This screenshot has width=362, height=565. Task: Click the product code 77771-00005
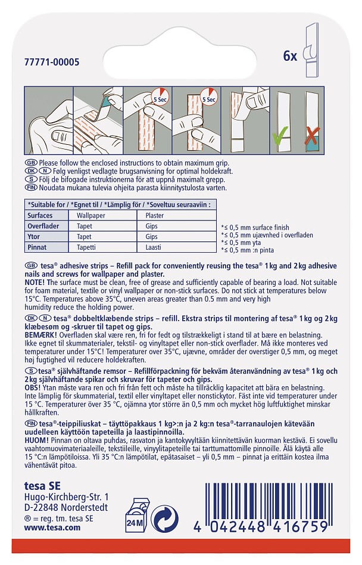52,62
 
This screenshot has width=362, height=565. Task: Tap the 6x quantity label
290,56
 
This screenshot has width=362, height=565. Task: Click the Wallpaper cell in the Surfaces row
90,216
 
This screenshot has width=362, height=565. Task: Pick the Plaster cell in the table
155,216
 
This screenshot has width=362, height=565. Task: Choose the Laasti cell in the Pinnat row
153,247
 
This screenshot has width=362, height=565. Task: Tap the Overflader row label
43,226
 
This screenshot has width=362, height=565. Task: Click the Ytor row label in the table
33,237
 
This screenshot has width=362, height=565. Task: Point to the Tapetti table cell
86,247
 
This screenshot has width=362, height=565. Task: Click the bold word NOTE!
35,282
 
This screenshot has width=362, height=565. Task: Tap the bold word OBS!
32,388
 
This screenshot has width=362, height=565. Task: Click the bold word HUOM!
36,440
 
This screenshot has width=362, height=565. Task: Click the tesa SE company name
42,486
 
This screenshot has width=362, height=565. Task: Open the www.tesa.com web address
52,527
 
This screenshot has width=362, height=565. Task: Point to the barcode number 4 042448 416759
261,527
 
